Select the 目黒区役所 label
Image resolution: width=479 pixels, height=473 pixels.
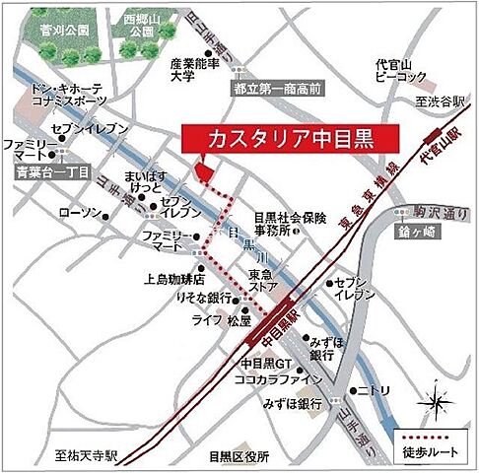[x=238, y=456]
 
